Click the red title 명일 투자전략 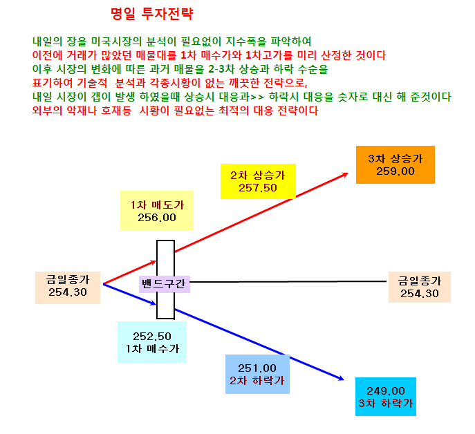coord(152,14)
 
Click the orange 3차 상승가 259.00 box coord(395,164)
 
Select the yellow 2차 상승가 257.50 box coord(258,182)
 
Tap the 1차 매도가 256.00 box coord(157,211)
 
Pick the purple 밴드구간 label coord(165,284)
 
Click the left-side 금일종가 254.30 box coord(68,287)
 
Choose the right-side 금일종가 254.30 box coord(420,287)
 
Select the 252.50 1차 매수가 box coord(152,342)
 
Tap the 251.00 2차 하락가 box coord(257,374)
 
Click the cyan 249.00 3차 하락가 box coord(386,397)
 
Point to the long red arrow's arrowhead coord(346,174)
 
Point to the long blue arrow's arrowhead coord(341,378)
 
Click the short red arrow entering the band coord(130,272)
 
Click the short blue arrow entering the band coord(130,294)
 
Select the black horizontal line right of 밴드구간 coord(288,282)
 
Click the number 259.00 coord(395,171)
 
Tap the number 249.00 coord(386,391)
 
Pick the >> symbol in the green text coord(257,97)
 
